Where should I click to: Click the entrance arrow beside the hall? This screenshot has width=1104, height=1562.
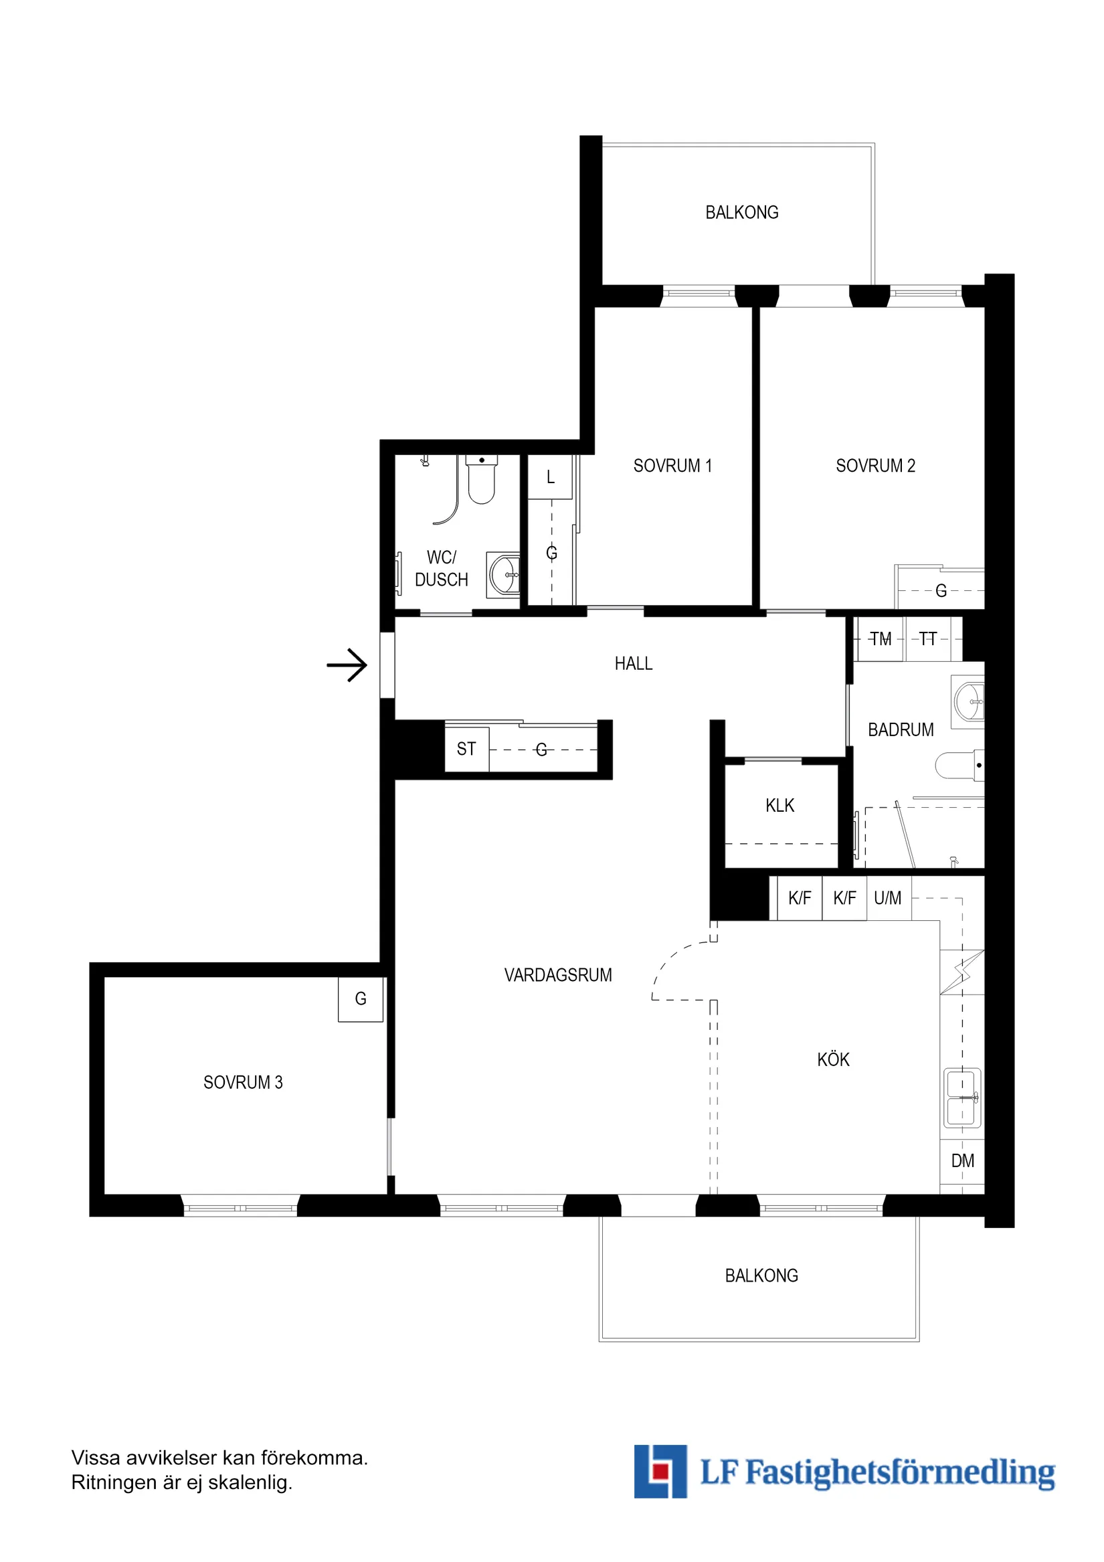pos(347,665)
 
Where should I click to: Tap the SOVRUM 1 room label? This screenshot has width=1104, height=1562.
pos(672,466)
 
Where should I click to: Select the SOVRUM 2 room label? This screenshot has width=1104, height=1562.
pos(875,466)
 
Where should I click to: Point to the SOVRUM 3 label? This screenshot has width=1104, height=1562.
pos(243,1082)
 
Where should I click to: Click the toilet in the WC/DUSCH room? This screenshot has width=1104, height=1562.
pos(481,481)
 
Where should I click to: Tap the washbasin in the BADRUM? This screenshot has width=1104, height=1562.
pos(969,701)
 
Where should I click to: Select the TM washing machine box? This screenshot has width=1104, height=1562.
pos(881,640)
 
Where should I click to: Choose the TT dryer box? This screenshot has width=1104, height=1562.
pos(928,640)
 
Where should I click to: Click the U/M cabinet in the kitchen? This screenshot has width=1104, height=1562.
pos(888,899)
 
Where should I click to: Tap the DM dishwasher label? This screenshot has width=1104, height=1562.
pos(962,1160)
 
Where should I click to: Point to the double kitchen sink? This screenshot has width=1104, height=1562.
pos(962,1098)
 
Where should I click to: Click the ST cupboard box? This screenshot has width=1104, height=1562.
pos(466,749)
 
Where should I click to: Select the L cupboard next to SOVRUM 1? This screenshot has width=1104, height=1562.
pos(550,478)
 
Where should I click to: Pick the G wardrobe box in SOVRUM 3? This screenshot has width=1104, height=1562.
pos(361,999)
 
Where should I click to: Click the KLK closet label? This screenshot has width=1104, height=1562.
pos(779,806)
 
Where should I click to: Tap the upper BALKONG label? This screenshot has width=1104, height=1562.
pos(741,213)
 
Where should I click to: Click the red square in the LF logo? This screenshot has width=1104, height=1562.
pos(658,1472)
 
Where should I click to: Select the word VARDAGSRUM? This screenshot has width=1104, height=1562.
pos(558,975)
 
